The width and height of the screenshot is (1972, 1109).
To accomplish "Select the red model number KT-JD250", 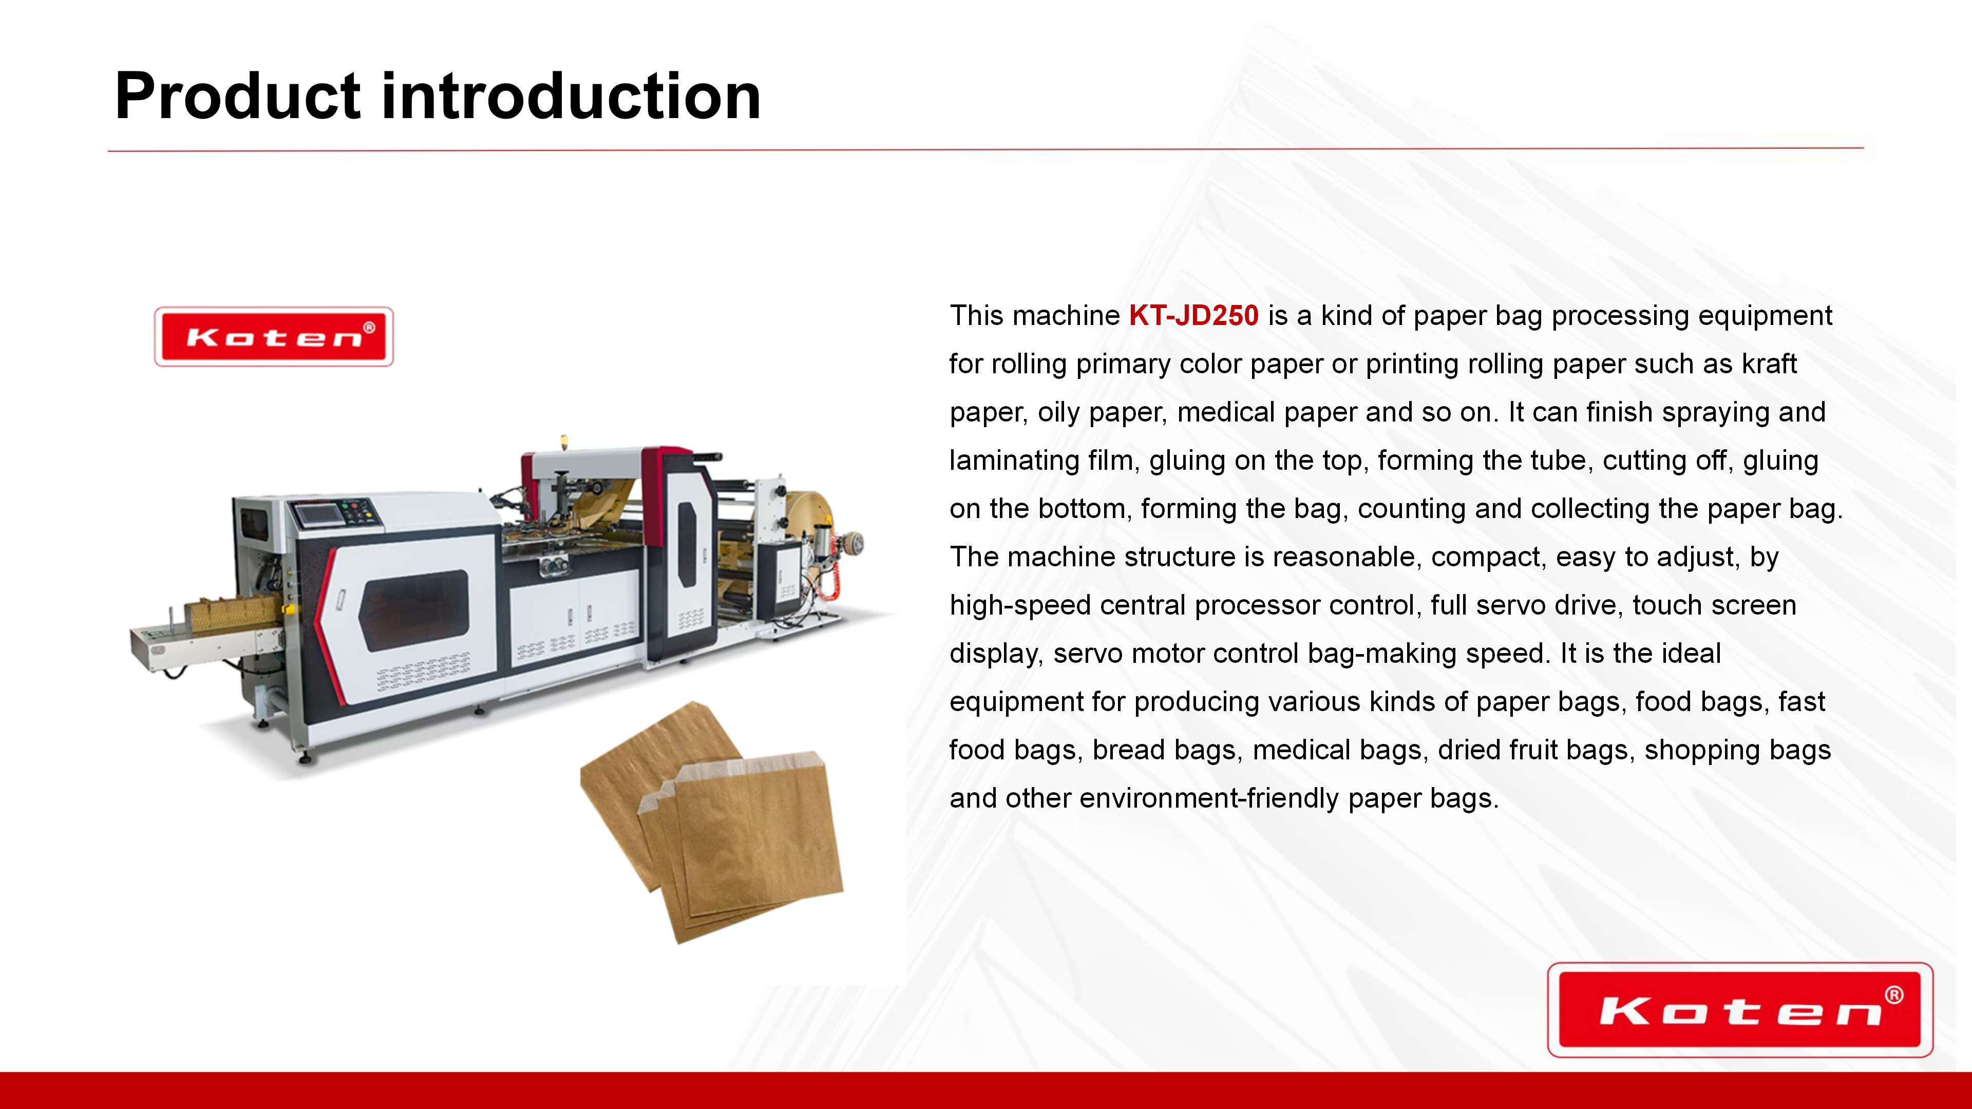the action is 1193,315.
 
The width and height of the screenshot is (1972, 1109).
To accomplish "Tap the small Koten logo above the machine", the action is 274,337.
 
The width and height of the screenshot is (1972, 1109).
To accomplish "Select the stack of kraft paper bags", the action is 712,822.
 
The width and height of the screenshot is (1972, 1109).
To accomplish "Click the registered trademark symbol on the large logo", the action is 1894,995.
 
